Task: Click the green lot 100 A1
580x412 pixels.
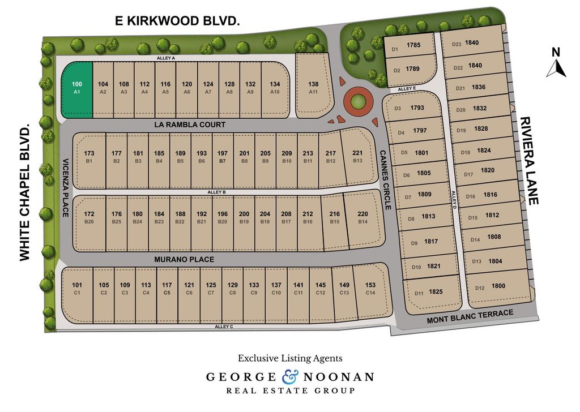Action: coord(77,89)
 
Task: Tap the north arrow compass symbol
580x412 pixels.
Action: coord(556,63)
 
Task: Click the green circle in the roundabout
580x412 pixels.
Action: coord(357,102)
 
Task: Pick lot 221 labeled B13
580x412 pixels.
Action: coord(357,157)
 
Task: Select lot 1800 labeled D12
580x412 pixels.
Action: coord(490,287)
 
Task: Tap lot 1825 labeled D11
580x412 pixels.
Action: coord(428,292)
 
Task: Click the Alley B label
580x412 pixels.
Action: coord(217,192)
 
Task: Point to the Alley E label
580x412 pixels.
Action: coord(407,89)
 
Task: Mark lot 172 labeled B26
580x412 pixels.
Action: coord(89,217)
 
